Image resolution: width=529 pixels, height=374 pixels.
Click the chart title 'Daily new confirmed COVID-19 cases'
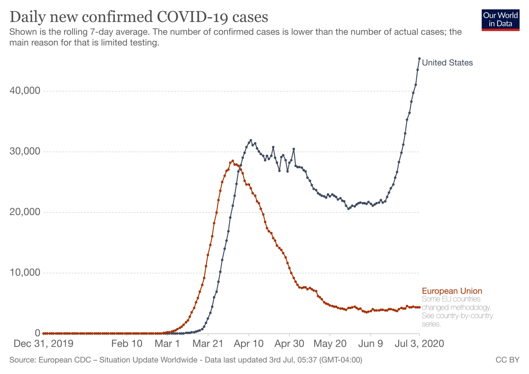click(x=139, y=17)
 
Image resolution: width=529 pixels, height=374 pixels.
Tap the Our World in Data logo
click(x=501, y=20)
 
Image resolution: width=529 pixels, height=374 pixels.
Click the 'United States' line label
click(x=447, y=63)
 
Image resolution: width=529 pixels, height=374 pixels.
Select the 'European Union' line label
click(x=452, y=291)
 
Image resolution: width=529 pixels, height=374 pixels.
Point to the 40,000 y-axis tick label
click(x=25, y=91)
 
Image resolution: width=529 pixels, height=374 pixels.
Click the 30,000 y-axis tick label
click(x=25, y=151)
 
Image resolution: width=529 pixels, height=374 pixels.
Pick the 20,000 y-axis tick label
click(x=25, y=212)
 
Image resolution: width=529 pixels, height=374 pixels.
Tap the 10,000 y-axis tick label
click(x=25, y=273)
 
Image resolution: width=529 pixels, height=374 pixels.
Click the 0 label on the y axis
click(x=38, y=333)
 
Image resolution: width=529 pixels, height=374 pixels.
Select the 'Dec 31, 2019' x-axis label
click(x=44, y=344)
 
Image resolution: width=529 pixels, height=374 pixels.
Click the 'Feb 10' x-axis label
click(x=127, y=344)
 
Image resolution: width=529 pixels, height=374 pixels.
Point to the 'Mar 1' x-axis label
click(x=167, y=344)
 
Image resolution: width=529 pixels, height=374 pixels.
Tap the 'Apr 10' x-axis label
click(x=249, y=344)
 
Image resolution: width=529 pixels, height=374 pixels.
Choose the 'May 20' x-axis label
click(x=330, y=344)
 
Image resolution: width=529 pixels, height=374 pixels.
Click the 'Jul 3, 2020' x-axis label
click(x=420, y=344)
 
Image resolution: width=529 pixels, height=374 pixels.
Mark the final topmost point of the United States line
click(x=420, y=58)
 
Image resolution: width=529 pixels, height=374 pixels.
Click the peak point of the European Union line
click(x=233, y=161)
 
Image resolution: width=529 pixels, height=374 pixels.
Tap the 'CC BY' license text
click(x=508, y=360)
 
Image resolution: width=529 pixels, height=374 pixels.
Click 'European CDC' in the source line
click(x=65, y=360)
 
